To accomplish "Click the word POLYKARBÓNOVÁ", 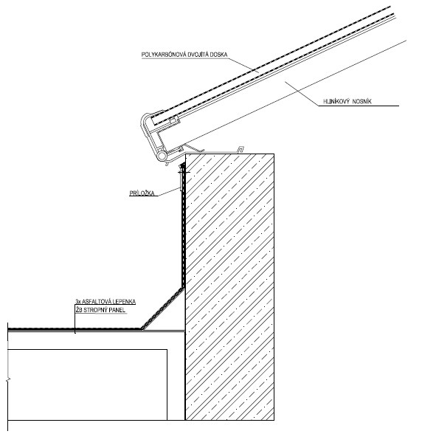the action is click(x=164, y=55).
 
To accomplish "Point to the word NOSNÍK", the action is click(x=362, y=101).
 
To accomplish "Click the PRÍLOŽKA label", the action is click(x=142, y=193).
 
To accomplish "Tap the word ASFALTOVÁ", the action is click(x=96, y=301).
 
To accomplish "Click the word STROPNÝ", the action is click(x=96, y=310).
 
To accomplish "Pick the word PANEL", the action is click(x=117, y=310).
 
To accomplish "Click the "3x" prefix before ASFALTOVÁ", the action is click(x=77, y=301).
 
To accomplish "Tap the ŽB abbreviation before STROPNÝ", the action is click(x=79, y=310).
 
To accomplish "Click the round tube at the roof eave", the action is click(x=162, y=156).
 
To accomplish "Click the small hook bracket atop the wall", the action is click(x=241, y=149).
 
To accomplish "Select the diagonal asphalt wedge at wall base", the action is click(x=164, y=309).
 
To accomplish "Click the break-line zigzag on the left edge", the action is click(x=8, y=379).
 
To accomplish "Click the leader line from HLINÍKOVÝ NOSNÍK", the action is click(x=302, y=94).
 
